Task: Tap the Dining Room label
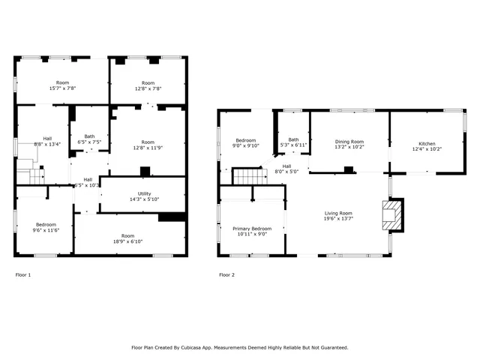349,142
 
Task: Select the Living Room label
337,213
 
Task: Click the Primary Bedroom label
251,228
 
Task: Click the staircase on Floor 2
247,176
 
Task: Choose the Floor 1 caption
23,275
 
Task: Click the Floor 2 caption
226,275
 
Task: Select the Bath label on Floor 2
293,138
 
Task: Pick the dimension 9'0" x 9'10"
246,146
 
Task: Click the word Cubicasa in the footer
197,347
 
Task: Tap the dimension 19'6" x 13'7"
337,219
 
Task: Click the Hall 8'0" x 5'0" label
286,169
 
